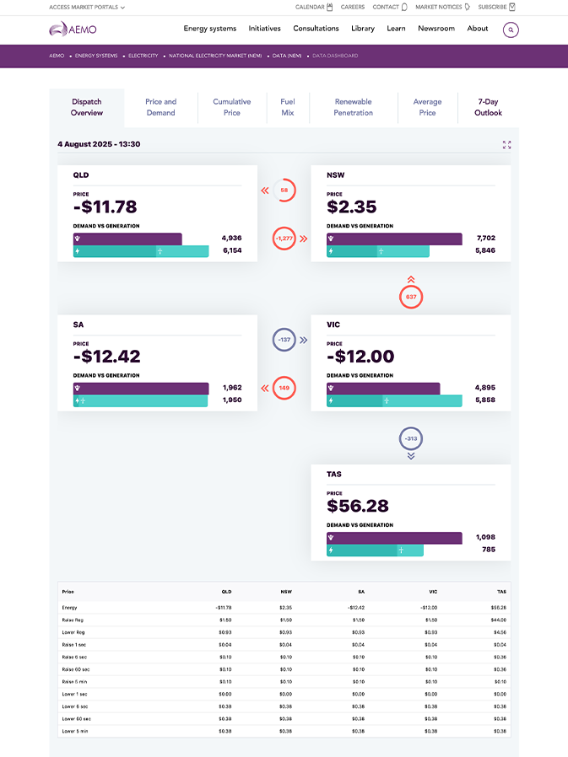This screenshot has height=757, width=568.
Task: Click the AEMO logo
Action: (73, 30)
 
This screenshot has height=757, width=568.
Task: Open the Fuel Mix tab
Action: (288, 107)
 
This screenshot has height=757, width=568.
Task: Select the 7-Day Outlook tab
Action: (488, 107)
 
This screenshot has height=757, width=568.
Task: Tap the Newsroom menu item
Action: (436, 29)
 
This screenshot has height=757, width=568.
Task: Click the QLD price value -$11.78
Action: (105, 207)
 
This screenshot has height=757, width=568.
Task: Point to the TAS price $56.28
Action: (358, 506)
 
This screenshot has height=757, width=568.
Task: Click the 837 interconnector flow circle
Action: (411, 297)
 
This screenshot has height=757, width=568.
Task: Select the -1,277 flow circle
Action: (284, 239)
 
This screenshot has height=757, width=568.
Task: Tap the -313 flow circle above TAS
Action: (411, 438)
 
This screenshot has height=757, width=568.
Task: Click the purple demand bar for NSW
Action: (394, 239)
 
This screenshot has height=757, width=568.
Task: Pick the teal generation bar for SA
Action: (141, 400)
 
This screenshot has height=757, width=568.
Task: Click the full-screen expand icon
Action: (506, 145)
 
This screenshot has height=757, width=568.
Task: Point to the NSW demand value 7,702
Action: (484, 239)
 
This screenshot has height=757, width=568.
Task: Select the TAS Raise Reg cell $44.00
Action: (497, 620)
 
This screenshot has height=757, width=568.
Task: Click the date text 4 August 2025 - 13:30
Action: (99, 144)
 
